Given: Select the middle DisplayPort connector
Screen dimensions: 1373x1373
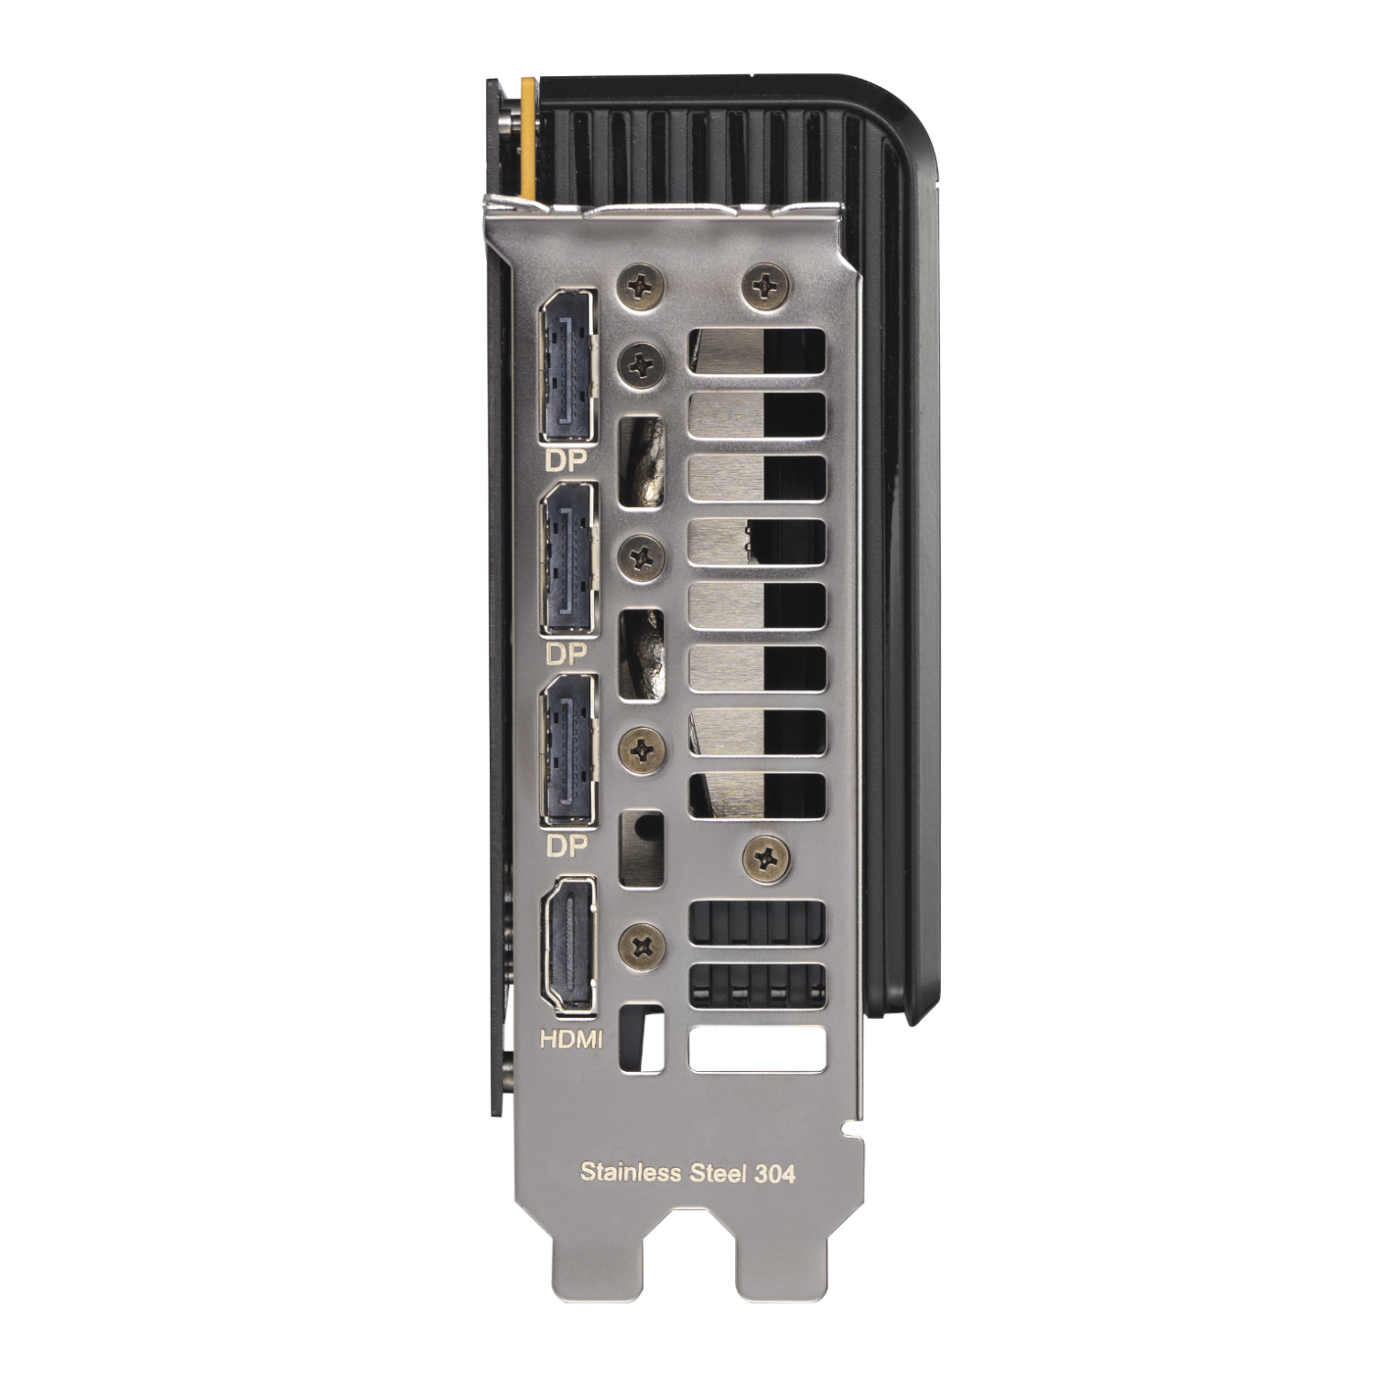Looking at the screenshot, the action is (568, 558).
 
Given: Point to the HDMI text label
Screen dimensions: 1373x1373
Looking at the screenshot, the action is (571, 1039).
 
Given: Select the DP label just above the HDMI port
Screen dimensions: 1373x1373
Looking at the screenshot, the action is (566, 847).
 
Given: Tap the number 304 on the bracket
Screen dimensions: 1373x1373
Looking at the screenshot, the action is (775, 1173).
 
